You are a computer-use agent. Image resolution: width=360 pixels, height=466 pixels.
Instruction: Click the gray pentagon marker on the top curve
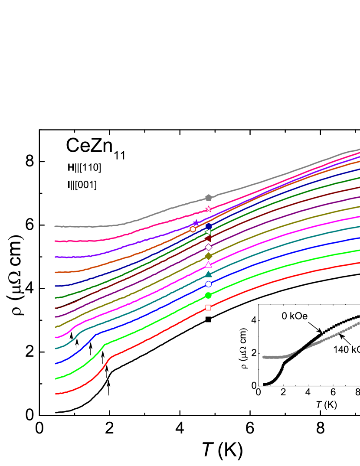(x=209, y=198)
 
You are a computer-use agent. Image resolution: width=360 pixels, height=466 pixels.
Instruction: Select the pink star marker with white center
(x=209, y=209)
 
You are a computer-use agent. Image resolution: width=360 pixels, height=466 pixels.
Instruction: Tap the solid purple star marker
(x=196, y=223)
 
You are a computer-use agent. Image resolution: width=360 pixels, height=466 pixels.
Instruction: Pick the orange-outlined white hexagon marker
(x=193, y=229)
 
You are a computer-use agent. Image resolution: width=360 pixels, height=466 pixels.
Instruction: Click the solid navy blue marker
(x=209, y=226)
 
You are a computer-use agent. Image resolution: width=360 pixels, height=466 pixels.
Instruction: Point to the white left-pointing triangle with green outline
(x=208, y=232)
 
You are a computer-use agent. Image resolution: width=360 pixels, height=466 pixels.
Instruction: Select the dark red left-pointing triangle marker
(x=208, y=238)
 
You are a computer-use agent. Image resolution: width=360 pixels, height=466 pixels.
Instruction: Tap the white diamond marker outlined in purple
(x=209, y=247)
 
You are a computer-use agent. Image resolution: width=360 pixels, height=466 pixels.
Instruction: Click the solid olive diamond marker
(x=209, y=256)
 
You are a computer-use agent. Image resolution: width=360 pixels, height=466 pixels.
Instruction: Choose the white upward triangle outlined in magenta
(x=209, y=264)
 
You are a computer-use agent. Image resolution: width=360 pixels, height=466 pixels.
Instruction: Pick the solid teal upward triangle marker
(x=209, y=274)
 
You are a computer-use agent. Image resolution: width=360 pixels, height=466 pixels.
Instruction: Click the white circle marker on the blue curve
(x=209, y=284)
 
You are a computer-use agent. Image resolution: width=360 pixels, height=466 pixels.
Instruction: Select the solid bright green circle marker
(x=208, y=296)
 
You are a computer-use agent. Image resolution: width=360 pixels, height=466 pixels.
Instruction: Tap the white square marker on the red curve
(x=208, y=307)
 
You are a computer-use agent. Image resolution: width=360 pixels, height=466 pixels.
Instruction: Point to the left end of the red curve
(x=56, y=394)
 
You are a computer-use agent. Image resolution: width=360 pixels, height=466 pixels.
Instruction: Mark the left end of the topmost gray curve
(x=55, y=226)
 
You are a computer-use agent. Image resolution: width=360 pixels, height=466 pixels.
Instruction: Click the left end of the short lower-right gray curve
(x=263, y=357)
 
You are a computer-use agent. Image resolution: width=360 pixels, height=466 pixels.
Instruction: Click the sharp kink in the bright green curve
(x=105, y=345)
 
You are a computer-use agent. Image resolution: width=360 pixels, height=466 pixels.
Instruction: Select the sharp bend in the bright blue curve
(x=96, y=334)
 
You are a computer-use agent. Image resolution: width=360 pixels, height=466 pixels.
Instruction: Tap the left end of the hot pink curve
(x=55, y=241)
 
